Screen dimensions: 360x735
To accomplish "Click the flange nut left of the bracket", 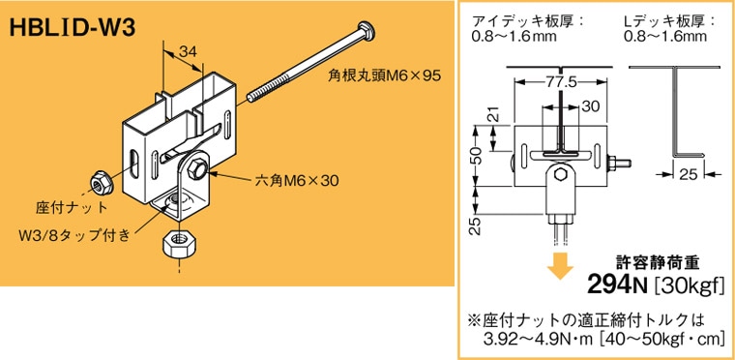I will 99,181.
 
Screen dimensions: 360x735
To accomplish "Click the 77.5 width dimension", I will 558,83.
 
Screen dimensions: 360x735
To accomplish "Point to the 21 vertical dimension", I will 490,116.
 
